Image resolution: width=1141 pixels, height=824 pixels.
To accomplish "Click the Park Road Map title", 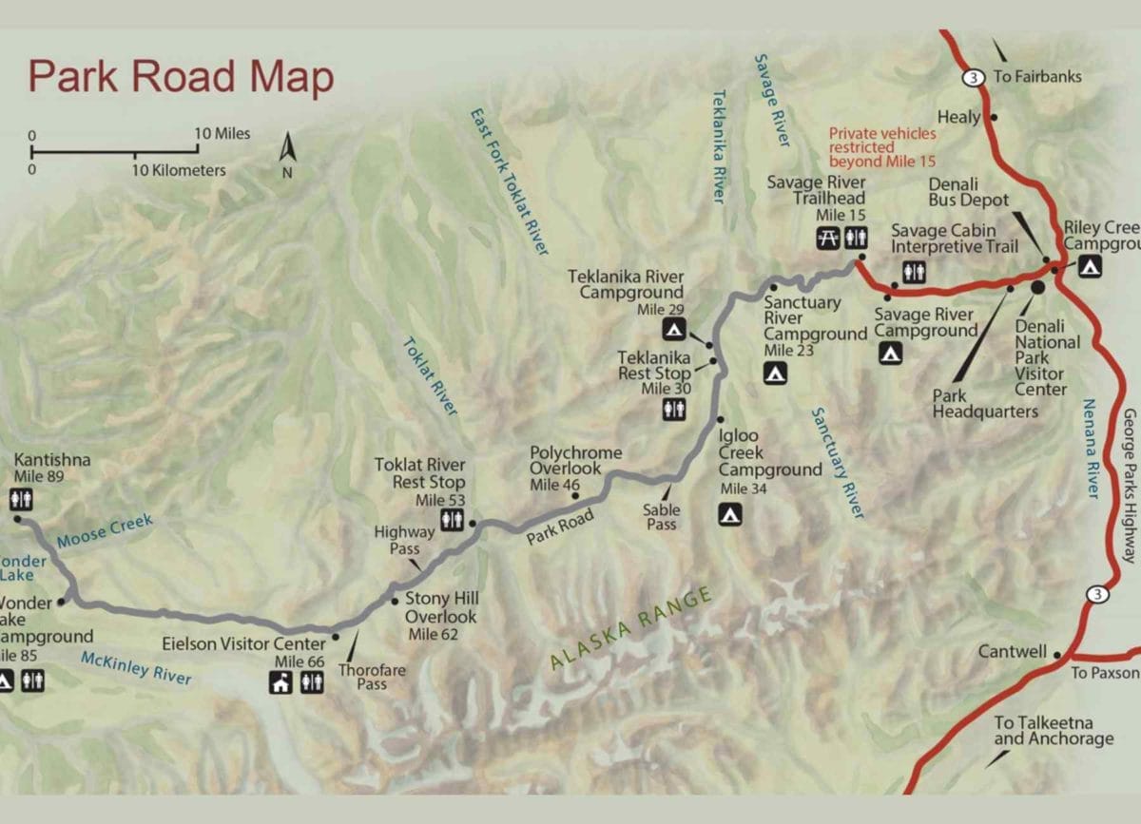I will pos(181,77).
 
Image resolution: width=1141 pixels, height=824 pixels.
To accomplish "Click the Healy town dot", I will pos(993,117).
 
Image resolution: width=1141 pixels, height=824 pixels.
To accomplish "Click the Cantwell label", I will pos(1012,653).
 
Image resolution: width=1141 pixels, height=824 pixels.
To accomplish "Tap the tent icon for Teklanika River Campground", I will pos(672,330).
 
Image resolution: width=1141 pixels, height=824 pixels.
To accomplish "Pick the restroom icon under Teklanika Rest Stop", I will pos(673,410).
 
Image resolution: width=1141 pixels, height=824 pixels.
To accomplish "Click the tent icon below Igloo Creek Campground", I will pos(729,515).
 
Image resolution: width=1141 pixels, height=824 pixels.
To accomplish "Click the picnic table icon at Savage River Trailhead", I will pos(825,240).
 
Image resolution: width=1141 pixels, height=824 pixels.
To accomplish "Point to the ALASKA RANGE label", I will pos(629,630).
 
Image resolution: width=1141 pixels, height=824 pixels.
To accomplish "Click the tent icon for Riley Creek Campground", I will pos(1089,267).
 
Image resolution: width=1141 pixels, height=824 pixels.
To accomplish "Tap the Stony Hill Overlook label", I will pos(441,608).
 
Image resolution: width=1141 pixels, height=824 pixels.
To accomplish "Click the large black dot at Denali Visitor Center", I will pos(1037,286).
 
